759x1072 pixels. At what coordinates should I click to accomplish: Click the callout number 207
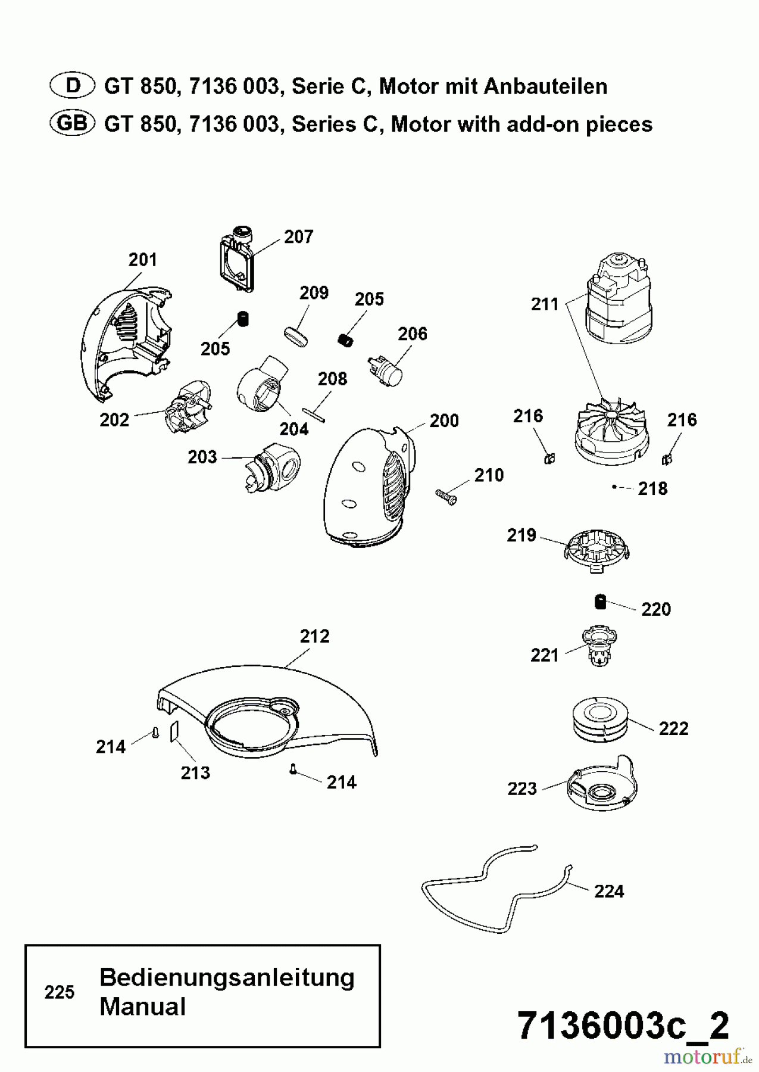click(x=298, y=237)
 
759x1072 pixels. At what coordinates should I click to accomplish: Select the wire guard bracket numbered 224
click(x=494, y=887)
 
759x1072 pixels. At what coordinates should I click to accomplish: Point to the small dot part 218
click(x=614, y=487)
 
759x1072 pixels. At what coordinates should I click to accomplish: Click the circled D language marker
click(x=72, y=86)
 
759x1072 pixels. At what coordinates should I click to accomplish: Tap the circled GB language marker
click(x=72, y=124)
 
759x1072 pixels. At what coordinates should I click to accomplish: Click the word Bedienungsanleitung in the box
click(x=227, y=978)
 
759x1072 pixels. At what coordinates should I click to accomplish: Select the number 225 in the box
click(x=60, y=993)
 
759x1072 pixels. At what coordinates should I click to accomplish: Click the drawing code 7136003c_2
click(x=623, y=1026)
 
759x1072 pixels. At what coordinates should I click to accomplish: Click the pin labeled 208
click(x=314, y=413)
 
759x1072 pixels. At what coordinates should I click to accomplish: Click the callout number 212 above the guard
click(x=314, y=637)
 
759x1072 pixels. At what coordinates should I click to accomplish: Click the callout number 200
click(x=444, y=421)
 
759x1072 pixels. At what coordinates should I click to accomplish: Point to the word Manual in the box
click(x=143, y=1007)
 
